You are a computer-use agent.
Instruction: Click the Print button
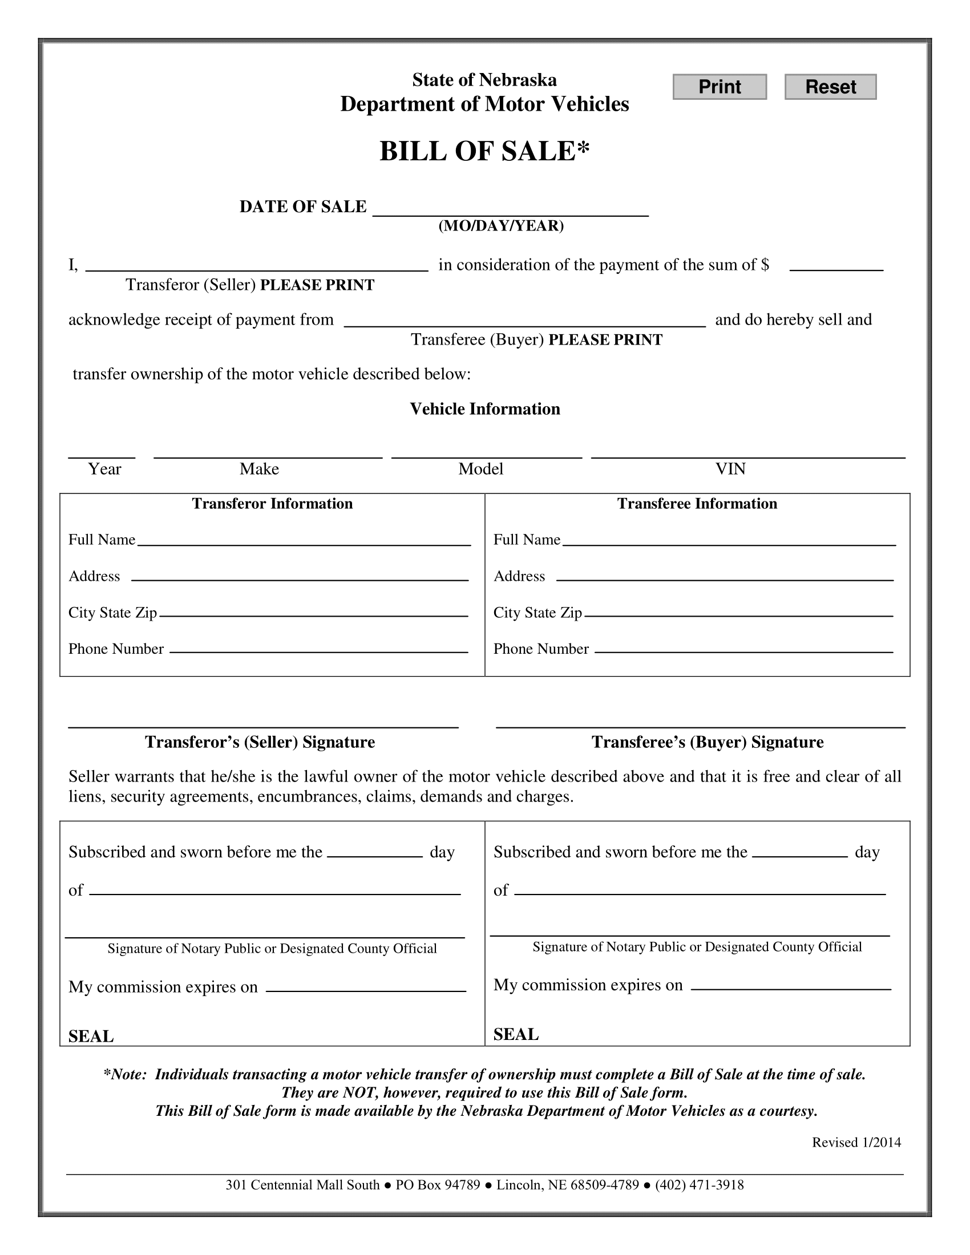click(x=720, y=87)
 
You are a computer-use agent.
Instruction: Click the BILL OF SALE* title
click(x=484, y=151)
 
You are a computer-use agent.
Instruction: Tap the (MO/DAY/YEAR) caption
click(x=501, y=226)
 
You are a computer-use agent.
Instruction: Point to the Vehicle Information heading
click(x=484, y=408)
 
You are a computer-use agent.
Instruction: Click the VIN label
click(x=730, y=469)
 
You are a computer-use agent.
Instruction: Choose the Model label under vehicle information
click(x=480, y=469)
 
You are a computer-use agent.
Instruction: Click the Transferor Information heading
click(x=272, y=503)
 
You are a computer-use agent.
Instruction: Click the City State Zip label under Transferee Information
click(x=537, y=613)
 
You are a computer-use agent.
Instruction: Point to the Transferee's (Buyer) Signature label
click(x=708, y=742)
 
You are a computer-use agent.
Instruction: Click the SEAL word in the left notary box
click(x=91, y=1036)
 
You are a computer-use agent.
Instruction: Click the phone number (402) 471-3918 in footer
click(x=700, y=1184)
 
